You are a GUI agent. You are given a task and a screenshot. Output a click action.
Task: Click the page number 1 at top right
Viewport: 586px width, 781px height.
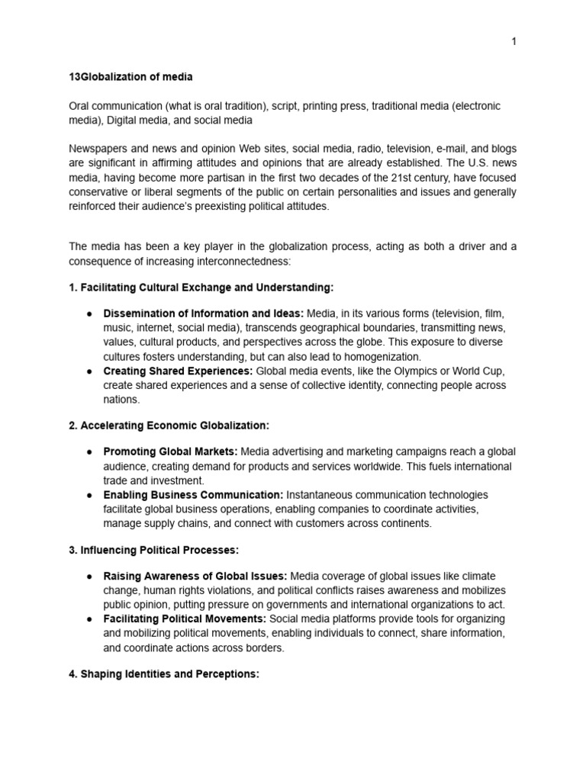click(514, 42)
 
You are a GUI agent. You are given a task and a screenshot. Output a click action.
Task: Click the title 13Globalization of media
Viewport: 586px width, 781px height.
click(130, 77)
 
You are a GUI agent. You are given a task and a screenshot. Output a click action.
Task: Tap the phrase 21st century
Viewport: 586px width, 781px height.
click(429, 178)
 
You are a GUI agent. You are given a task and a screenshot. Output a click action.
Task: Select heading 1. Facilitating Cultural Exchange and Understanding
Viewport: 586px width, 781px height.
click(201, 288)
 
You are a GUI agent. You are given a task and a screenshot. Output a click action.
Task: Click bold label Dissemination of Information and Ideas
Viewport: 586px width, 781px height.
click(203, 313)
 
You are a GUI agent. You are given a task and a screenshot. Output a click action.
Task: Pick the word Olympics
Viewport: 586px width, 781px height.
click(421, 371)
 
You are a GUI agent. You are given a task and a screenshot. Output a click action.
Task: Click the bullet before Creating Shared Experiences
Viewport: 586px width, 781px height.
click(89, 371)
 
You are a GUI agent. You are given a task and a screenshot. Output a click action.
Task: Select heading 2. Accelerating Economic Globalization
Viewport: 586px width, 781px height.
click(169, 425)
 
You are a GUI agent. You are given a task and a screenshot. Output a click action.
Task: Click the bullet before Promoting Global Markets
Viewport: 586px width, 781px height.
click(89, 452)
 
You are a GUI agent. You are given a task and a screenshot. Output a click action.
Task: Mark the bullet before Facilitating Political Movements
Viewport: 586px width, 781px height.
click(89, 619)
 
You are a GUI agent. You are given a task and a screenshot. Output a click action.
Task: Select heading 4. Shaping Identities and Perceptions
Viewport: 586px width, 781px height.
click(164, 674)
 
